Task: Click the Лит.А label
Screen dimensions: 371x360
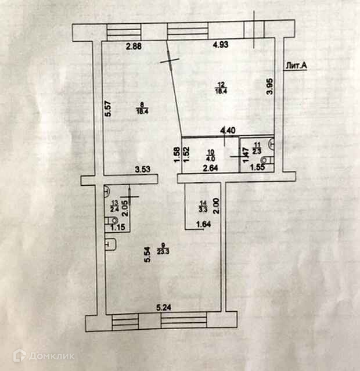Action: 296,66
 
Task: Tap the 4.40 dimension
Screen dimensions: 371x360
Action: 227,131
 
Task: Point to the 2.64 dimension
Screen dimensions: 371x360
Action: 210,170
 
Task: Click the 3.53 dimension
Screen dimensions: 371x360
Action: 143,170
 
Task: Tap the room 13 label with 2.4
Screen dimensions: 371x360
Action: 114,205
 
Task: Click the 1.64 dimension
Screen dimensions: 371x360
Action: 204,225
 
